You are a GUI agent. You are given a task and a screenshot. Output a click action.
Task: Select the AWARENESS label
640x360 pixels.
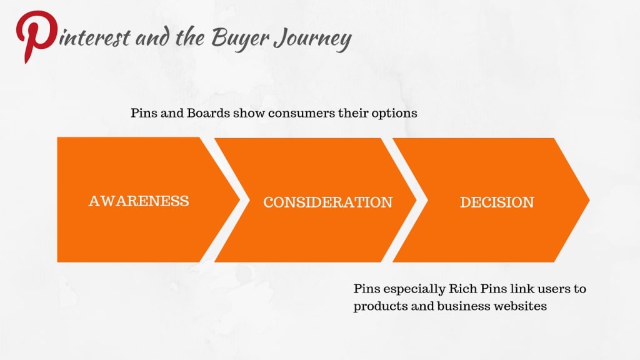[139, 201]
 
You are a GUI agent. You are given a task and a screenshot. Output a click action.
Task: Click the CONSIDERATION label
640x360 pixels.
[327, 202]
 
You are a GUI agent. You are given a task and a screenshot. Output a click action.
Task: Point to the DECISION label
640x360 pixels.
[497, 202]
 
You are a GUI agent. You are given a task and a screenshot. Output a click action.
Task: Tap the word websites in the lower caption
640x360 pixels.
[524, 306]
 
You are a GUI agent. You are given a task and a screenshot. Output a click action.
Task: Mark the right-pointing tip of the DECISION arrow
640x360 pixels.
[588, 200]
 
